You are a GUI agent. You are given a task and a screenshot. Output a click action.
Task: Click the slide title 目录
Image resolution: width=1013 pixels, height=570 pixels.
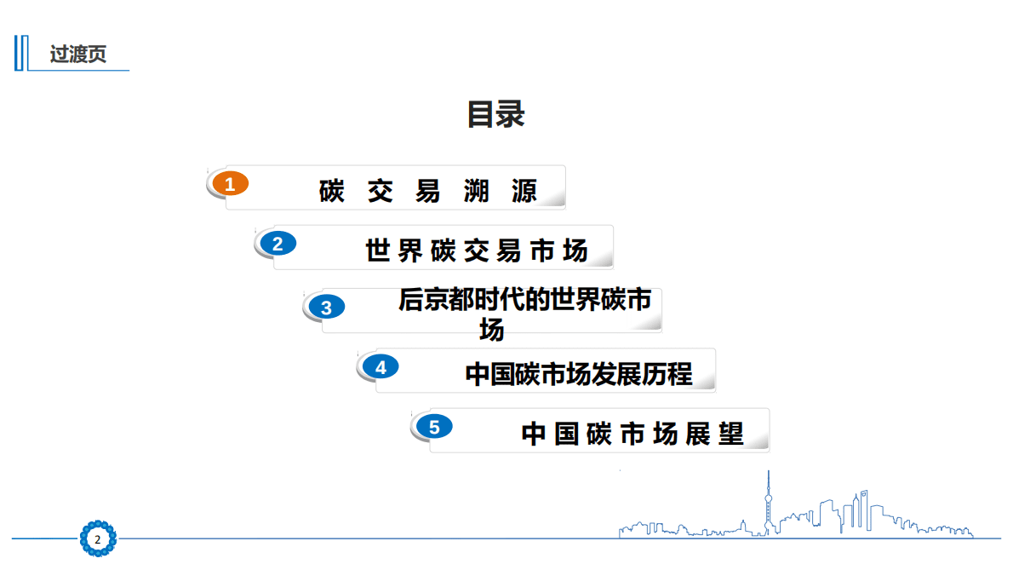pyautogui.click(x=495, y=114)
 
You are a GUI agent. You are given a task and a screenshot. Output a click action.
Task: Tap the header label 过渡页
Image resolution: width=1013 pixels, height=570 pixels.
pyautogui.click(x=78, y=55)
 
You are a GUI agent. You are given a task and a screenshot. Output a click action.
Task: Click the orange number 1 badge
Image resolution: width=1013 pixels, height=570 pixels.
pyautogui.click(x=229, y=183)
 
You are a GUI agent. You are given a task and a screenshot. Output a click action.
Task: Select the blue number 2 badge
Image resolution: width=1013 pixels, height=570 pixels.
pyautogui.click(x=277, y=244)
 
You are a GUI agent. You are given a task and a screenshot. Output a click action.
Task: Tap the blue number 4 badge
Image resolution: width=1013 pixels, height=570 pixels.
pyautogui.click(x=380, y=367)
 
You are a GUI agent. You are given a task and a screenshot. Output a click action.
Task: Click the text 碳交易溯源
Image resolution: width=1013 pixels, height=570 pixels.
pyautogui.click(x=428, y=192)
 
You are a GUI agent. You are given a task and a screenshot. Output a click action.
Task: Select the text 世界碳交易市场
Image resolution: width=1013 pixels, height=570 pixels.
pyautogui.click(x=477, y=251)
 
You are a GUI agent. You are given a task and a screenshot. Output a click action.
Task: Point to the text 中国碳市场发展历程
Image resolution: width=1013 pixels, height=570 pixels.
pyautogui.click(x=579, y=374)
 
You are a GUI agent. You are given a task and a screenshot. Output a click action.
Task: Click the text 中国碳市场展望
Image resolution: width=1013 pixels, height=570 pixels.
pyautogui.click(x=632, y=434)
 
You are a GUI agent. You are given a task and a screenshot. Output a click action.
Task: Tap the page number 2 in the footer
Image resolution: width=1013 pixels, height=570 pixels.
pyautogui.click(x=97, y=540)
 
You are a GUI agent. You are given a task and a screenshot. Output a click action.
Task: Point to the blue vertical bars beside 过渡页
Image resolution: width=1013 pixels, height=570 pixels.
pyautogui.click(x=20, y=54)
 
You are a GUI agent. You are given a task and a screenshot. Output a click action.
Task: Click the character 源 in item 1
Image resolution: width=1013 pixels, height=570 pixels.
pyautogui.click(x=525, y=192)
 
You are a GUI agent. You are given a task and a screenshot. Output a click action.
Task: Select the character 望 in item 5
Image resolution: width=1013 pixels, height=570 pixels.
pyautogui.click(x=731, y=434)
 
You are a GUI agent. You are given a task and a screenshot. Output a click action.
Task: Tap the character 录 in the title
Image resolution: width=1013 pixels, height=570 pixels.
pyautogui.click(x=511, y=114)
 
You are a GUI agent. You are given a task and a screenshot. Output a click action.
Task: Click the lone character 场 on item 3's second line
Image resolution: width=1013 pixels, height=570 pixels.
pyautogui.click(x=491, y=329)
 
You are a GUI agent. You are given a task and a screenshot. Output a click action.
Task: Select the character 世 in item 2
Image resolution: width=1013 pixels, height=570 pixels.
pyautogui.click(x=378, y=251)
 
